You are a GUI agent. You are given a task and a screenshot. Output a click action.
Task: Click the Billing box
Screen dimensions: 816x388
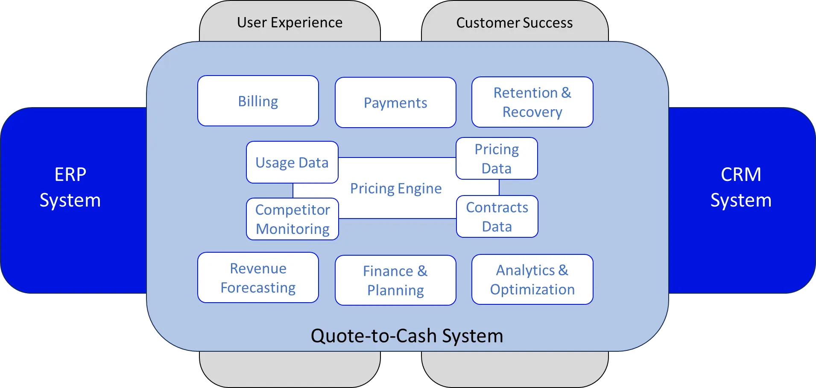click(x=258, y=101)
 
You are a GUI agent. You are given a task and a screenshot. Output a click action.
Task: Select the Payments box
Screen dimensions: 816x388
click(x=395, y=102)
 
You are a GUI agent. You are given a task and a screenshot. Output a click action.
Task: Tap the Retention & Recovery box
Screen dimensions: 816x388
click(x=532, y=102)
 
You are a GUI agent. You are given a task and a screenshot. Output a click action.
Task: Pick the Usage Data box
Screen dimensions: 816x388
click(x=292, y=162)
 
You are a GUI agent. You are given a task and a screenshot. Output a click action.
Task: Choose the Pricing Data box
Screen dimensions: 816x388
click(x=497, y=158)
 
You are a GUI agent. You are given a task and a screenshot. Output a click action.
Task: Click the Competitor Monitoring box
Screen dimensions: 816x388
click(x=292, y=219)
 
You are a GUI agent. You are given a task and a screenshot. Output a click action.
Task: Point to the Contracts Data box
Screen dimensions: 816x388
click(x=497, y=216)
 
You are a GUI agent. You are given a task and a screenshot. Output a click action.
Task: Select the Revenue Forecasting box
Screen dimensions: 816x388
click(x=258, y=277)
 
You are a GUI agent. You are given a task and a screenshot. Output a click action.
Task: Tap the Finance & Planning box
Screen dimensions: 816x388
click(x=395, y=280)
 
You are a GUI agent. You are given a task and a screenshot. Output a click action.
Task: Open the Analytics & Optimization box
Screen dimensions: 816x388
click(x=532, y=280)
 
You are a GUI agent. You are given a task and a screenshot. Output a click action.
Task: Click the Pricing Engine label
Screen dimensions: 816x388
click(x=396, y=188)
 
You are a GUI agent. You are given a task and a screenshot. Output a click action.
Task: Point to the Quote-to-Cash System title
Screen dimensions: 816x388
click(x=407, y=335)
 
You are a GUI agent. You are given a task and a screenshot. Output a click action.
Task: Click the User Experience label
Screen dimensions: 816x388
click(x=290, y=22)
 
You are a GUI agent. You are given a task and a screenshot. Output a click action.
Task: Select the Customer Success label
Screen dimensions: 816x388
click(x=515, y=23)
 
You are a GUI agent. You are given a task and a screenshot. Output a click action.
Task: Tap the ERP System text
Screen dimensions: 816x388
click(x=70, y=187)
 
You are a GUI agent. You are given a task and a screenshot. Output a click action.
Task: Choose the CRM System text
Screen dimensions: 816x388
click(x=741, y=187)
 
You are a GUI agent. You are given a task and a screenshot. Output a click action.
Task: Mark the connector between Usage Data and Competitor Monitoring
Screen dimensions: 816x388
click(x=293, y=190)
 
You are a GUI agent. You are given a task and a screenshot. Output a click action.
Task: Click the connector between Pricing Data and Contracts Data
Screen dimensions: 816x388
click(x=499, y=187)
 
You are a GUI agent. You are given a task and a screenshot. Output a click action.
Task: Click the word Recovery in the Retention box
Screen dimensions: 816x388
click(x=532, y=112)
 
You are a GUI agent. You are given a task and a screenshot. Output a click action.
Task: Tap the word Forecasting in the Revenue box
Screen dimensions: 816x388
click(x=258, y=288)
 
